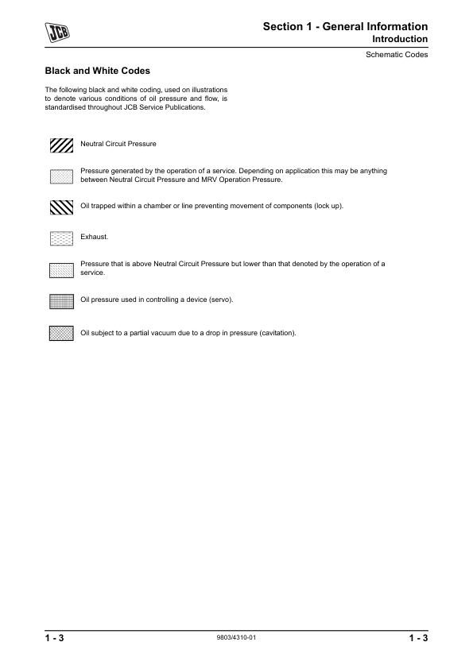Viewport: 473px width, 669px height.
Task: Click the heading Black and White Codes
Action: (x=97, y=71)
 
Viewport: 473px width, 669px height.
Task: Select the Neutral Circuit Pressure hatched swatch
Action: (x=61, y=145)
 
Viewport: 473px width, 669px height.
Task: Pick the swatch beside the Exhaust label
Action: (x=61, y=238)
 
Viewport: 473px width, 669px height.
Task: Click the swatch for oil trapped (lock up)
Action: (x=61, y=207)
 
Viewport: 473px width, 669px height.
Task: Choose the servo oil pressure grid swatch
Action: (x=61, y=300)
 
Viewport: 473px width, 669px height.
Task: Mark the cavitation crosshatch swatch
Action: (x=61, y=333)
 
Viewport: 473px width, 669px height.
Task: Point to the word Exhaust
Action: (x=94, y=238)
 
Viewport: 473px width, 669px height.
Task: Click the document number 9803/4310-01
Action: (x=235, y=638)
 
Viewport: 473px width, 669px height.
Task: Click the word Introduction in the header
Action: (x=400, y=39)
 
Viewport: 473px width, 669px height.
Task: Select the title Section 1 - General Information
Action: (x=345, y=26)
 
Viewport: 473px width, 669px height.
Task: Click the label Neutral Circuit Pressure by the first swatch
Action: (x=118, y=145)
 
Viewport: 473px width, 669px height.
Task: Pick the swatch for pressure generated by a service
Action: (x=61, y=175)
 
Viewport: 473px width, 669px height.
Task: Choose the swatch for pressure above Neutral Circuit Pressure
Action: (x=61, y=269)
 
